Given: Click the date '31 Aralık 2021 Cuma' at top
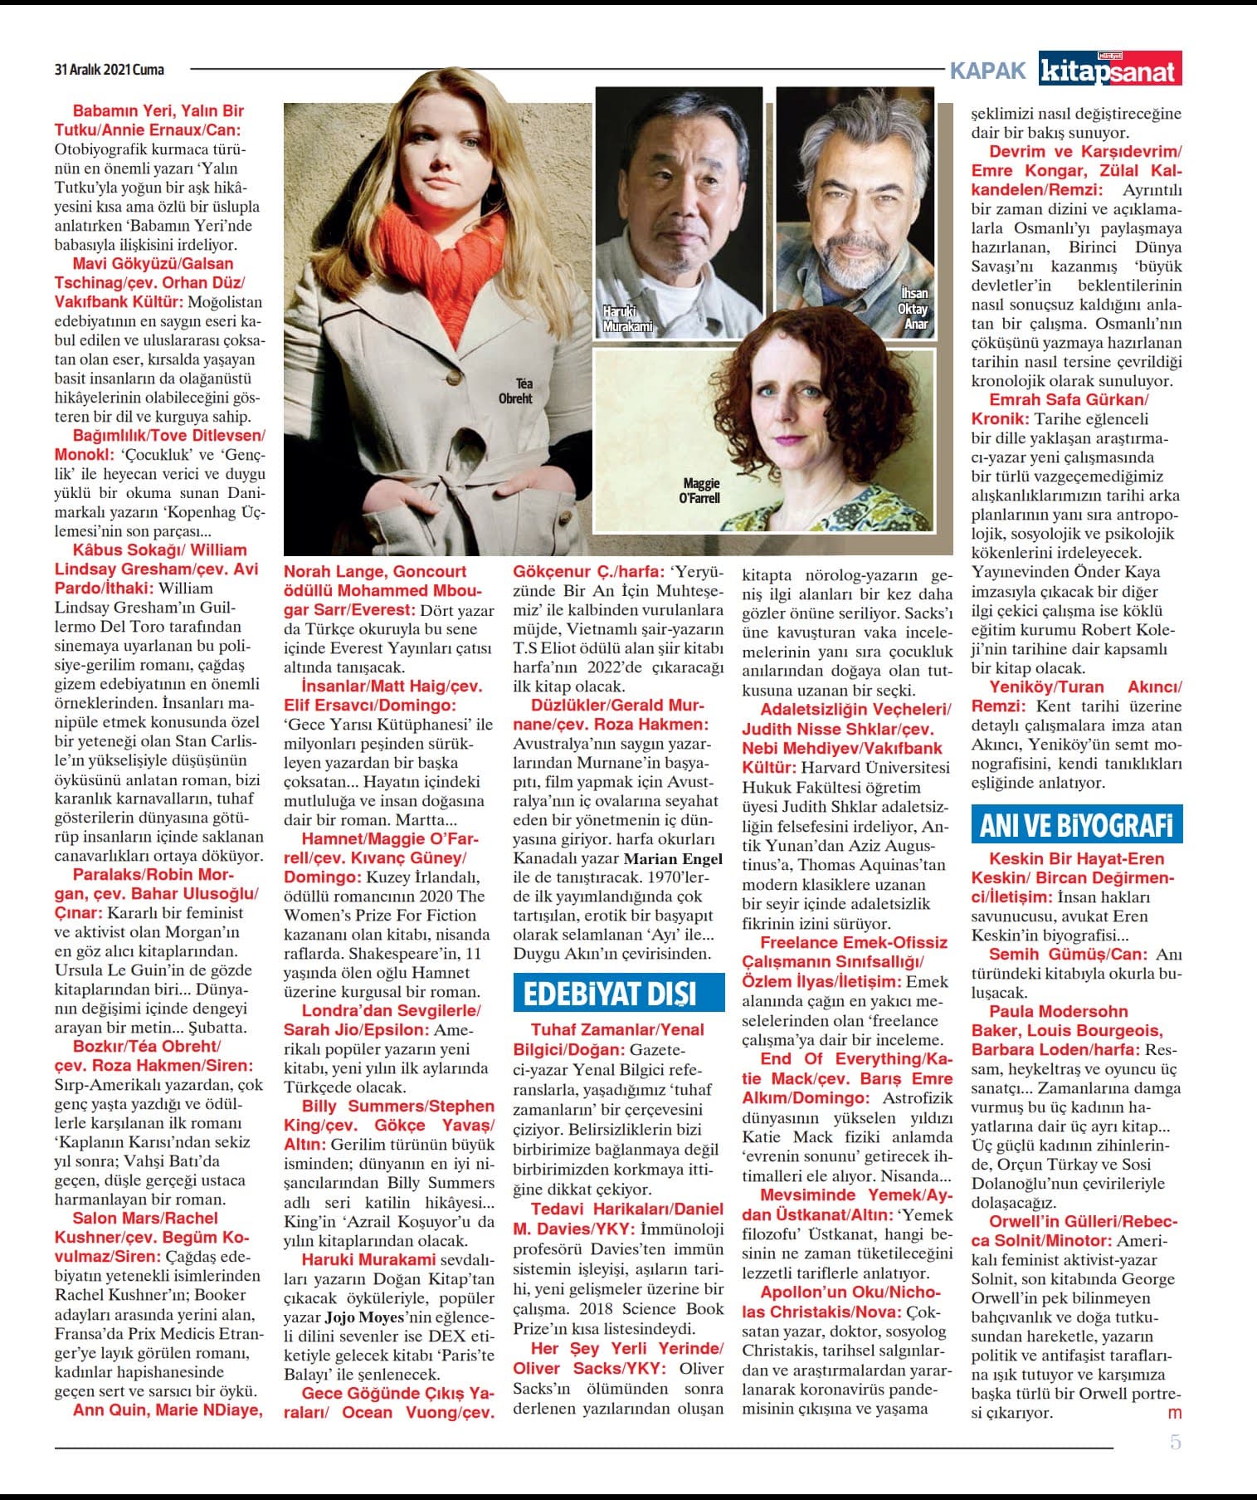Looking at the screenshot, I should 110,70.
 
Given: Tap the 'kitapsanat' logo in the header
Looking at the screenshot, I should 1110,70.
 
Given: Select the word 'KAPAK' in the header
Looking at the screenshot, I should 987,71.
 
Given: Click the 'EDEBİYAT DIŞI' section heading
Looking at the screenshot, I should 610,994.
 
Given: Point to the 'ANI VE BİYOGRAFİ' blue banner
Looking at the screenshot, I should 1076,825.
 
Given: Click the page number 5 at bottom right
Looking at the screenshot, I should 1175,1442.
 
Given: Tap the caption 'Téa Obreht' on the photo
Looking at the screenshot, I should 516,391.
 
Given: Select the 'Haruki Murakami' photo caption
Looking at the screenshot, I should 627,319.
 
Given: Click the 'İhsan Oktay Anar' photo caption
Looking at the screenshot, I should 913,309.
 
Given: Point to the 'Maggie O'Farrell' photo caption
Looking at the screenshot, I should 701,491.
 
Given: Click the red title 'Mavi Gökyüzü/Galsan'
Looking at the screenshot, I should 158,264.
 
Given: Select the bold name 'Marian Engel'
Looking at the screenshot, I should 673,859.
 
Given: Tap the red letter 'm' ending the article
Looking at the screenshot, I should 1175,1413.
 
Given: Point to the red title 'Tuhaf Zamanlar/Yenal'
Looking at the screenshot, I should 617,1030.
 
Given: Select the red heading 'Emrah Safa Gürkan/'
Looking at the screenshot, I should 1069,399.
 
